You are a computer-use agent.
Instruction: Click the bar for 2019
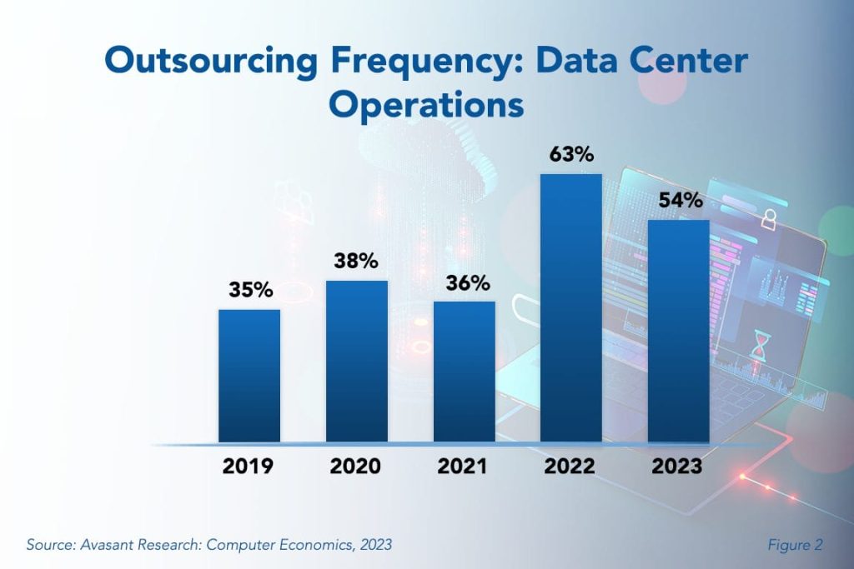(x=249, y=375)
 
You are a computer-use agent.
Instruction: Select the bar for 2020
(x=356, y=361)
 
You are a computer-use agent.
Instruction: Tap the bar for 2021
(x=464, y=371)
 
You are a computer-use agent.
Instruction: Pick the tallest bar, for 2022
(x=571, y=307)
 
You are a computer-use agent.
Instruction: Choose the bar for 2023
(x=678, y=331)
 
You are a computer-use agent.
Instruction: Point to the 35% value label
(x=250, y=291)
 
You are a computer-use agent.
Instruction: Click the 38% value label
(x=357, y=262)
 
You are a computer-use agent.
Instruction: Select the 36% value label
(x=465, y=282)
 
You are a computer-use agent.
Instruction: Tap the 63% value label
(x=571, y=155)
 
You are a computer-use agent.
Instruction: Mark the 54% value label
(x=679, y=202)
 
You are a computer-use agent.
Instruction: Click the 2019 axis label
(x=249, y=467)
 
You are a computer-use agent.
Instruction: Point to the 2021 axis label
(x=464, y=467)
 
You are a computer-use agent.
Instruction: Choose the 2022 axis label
(x=571, y=467)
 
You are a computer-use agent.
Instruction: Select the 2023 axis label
(x=678, y=467)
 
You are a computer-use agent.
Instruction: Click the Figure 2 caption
(x=795, y=545)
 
